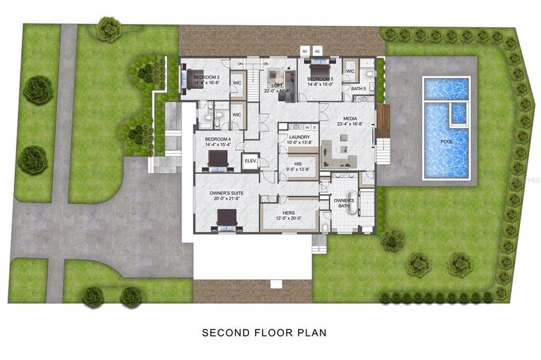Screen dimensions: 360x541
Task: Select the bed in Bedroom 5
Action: (x=318, y=65)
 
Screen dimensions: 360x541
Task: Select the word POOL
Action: (x=447, y=142)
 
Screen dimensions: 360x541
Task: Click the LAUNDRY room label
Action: (x=298, y=137)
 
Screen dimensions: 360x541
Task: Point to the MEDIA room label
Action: (x=351, y=119)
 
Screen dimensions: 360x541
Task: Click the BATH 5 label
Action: (x=358, y=89)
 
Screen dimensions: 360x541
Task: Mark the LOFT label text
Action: (x=277, y=85)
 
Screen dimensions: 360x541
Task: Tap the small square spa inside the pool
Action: (x=458, y=113)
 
